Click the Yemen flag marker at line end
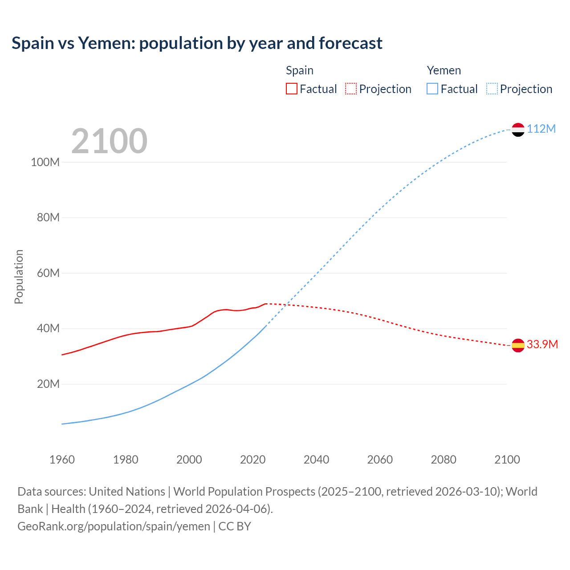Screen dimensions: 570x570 click(518, 130)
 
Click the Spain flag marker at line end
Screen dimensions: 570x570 click(518, 345)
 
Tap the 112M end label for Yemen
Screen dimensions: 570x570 click(541, 129)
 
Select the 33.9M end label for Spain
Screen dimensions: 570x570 click(542, 345)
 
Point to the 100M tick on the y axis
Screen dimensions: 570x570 click(45, 162)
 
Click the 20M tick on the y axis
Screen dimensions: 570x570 click(48, 384)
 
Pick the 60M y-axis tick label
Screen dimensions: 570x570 click(48, 273)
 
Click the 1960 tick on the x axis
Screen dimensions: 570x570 click(62, 460)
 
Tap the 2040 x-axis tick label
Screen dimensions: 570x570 click(316, 460)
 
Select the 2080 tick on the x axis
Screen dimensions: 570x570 click(444, 460)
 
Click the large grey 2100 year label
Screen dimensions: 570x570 click(109, 141)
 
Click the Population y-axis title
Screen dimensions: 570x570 click(19, 277)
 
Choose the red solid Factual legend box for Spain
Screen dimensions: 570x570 click(291, 89)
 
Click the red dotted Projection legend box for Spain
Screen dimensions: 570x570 click(351, 89)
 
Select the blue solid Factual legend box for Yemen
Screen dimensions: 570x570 click(432, 89)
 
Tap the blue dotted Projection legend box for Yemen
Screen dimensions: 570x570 click(492, 89)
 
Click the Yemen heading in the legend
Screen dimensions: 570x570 click(444, 70)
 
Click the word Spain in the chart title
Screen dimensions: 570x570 click(33, 43)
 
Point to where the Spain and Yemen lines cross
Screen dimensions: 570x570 click(287, 305)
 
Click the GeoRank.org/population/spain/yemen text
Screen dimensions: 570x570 click(114, 526)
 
